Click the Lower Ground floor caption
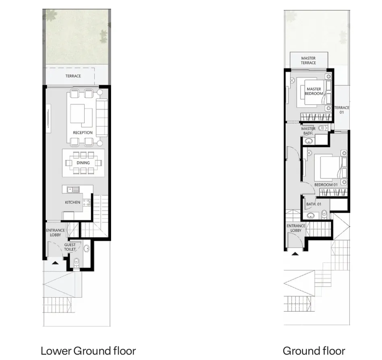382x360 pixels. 88,350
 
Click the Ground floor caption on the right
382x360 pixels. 314,350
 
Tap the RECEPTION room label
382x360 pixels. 83,132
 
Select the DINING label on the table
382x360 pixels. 83,163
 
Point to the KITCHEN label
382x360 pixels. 72,202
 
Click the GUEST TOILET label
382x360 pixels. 70,247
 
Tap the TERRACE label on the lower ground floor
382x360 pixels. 73,76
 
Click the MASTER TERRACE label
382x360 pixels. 308,60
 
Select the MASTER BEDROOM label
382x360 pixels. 314,91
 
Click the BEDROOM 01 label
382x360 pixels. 326,185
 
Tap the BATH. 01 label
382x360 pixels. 314,204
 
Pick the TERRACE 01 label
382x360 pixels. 341,110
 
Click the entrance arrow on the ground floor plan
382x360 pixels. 295,254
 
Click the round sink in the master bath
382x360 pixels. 309,141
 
